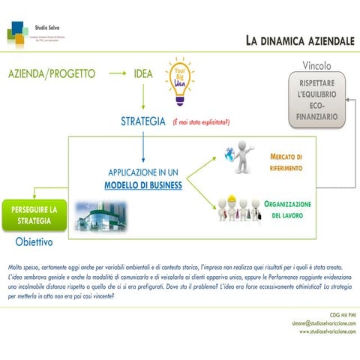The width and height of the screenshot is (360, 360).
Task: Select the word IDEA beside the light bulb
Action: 142,74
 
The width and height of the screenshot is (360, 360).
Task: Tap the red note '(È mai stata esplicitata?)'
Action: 201,121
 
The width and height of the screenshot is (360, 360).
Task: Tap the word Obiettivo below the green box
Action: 37,244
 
